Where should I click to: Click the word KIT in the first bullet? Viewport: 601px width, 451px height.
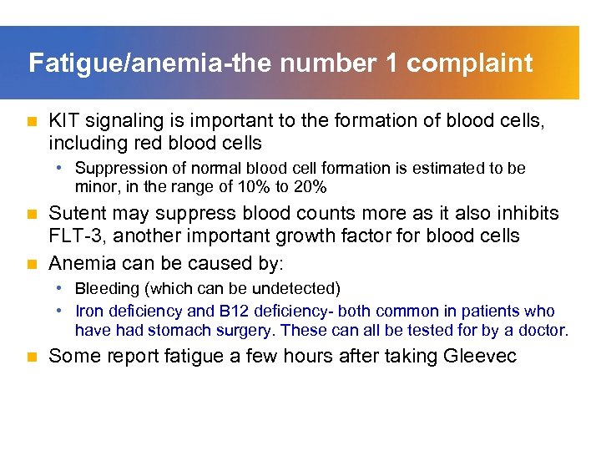point(64,122)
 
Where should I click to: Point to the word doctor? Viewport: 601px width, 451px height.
point(543,330)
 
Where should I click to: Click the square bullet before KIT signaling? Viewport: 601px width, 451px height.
point(33,122)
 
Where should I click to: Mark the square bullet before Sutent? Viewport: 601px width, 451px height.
point(33,215)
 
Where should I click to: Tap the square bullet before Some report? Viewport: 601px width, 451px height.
point(33,357)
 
